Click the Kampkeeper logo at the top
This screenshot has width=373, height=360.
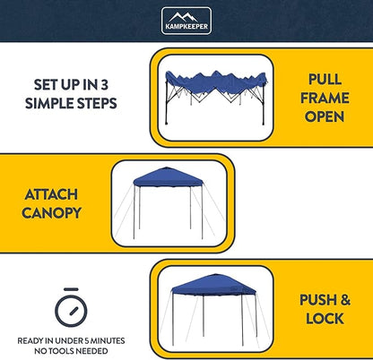186,21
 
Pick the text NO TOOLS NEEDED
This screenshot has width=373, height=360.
70,350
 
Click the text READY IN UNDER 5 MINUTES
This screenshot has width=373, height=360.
70,341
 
